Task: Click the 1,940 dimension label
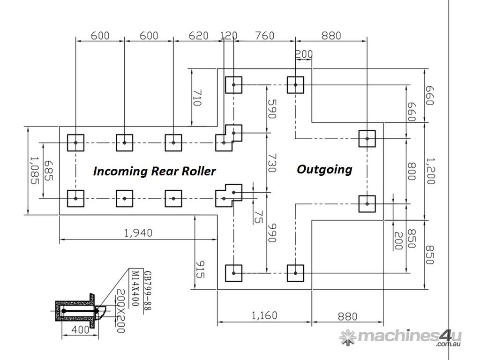(x=139, y=232)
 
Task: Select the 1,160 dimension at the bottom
(x=264, y=316)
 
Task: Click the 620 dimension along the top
(x=198, y=36)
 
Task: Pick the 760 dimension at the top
(x=265, y=36)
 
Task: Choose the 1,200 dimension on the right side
(x=429, y=171)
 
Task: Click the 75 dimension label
(x=257, y=217)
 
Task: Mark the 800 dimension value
(x=411, y=172)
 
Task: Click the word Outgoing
(x=324, y=169)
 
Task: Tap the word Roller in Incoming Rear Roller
(x=197, y=171)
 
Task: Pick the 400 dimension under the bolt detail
(x=81, y=330)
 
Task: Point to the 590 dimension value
(x=271, y=109)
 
